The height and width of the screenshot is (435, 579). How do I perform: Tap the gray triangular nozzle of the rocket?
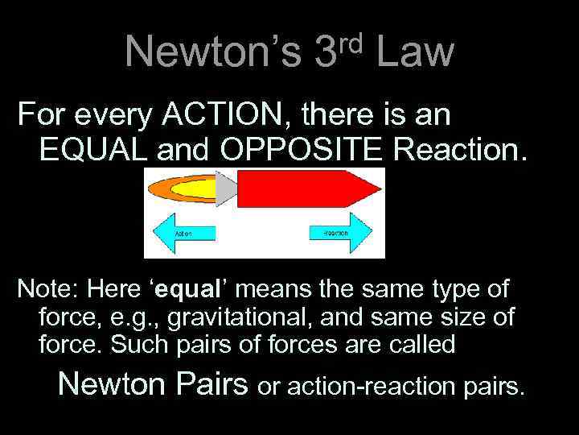[x=227, y=188]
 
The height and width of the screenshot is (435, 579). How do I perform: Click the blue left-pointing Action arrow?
[x=183, y=233]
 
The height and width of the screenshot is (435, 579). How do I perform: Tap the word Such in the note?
[x=133, y=345]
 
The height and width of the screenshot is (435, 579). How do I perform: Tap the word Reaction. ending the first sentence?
[x=466, y=150]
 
